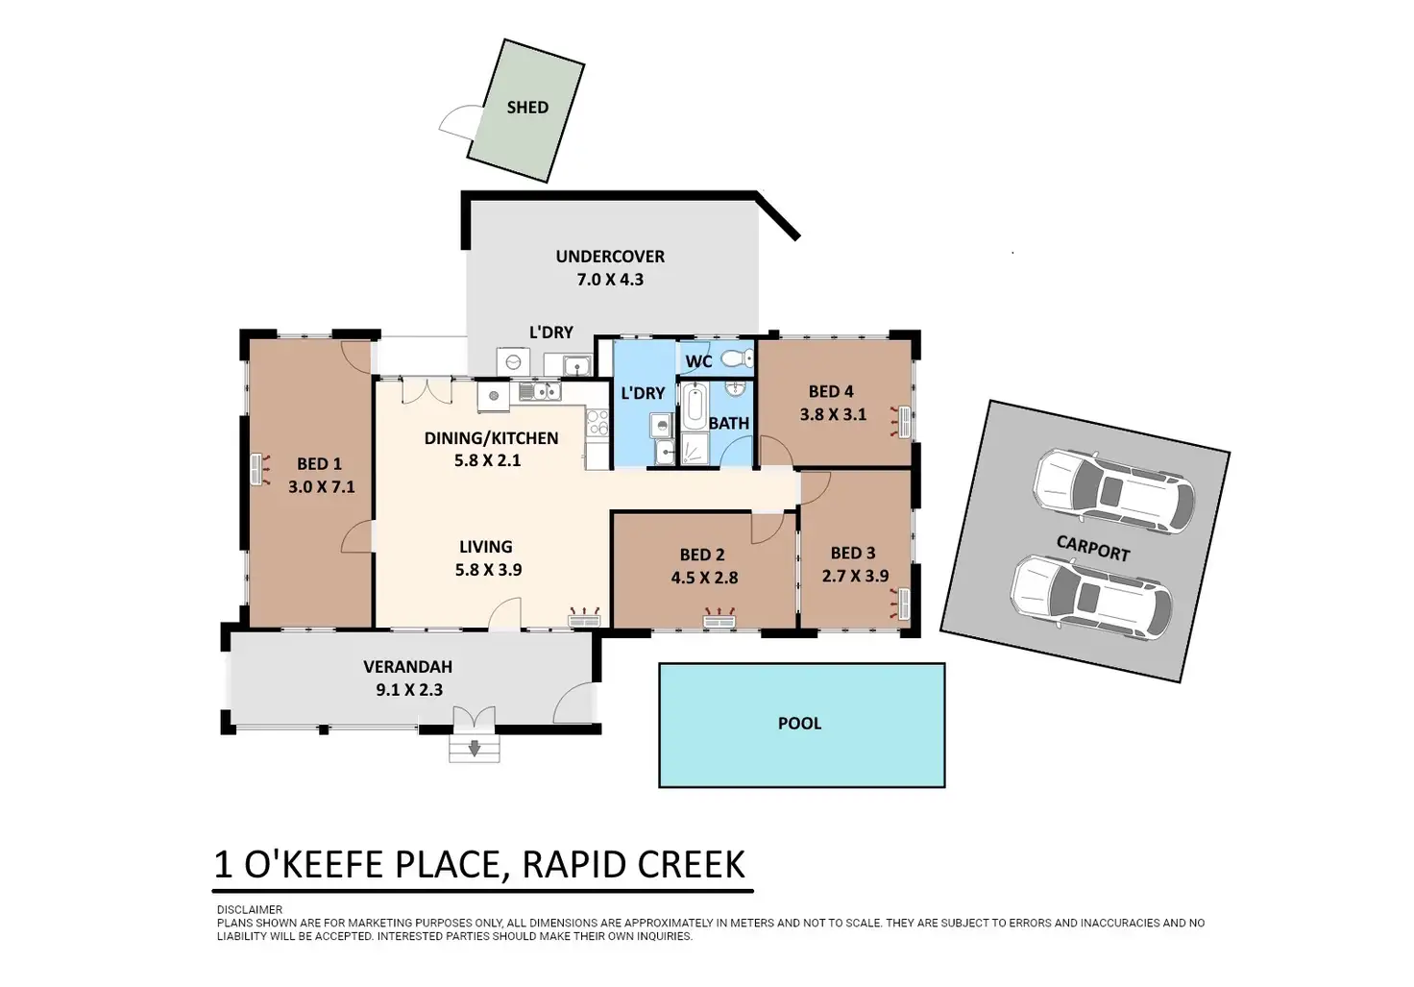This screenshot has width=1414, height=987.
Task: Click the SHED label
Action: click(527, 108)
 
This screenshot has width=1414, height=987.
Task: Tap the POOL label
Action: click(799, 723)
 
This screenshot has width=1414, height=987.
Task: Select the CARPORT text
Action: click(1093, 548)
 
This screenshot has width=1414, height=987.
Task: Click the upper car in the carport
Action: click(1114, 491)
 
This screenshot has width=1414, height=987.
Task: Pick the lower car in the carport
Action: click(1092, 598)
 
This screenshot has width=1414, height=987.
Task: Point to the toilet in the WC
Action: click(737, 358)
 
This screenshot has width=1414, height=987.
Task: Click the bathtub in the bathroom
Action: click(695, 405)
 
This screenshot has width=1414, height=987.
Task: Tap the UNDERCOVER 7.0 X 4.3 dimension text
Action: click(610, 279)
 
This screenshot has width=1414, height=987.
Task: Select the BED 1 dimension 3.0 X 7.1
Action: click(321, 487)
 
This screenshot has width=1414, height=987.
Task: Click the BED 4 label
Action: click(831, 391)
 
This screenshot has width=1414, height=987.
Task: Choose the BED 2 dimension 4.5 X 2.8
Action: click(704, 578)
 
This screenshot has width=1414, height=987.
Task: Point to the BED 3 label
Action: click(853, 554)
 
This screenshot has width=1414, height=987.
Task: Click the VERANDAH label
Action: click(408, 666)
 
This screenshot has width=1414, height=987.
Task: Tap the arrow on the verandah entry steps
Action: click(475, 749)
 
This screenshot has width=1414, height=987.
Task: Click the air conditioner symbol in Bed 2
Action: click(719, 617)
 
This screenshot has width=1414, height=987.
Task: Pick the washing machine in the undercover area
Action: click(513, 362)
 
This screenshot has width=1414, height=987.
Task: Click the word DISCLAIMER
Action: click(250, 910)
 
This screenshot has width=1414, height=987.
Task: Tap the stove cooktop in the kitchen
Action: click(597, 423)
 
